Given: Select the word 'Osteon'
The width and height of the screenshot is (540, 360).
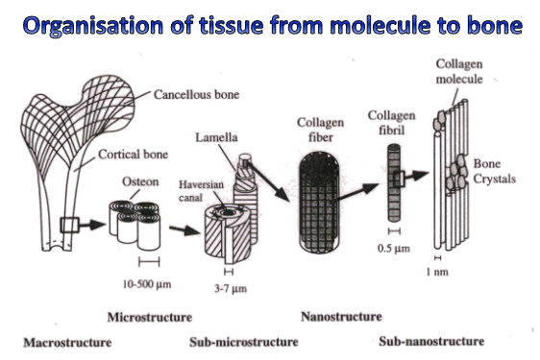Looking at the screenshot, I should tap(133, 180).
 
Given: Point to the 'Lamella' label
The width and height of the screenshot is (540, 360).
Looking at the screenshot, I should tap(218, 138).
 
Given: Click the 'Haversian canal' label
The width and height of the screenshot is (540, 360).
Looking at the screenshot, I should tap(201, 189).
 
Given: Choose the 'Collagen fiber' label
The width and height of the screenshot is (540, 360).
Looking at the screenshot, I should tap(314, 130).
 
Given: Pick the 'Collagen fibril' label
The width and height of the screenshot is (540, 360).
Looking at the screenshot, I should tap(391, 122).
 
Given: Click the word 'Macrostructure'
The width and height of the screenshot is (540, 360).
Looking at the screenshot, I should tap(67, 341).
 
